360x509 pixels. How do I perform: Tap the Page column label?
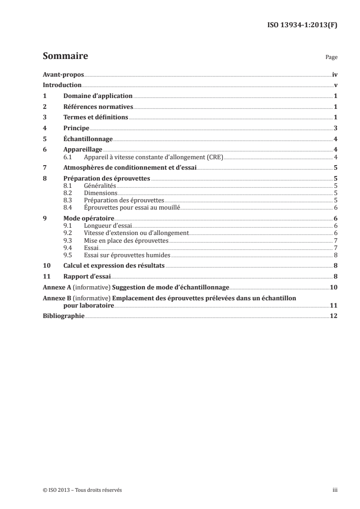331,58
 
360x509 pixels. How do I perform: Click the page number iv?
334,74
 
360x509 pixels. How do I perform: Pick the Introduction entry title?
62,85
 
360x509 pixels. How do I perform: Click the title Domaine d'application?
98,96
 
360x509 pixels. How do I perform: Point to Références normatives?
98,107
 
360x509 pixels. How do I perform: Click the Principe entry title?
76,129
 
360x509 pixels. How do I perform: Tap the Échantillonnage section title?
88,140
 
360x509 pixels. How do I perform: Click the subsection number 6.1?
68,157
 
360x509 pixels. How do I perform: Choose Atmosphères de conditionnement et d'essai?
129,168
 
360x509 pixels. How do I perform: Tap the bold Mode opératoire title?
89,219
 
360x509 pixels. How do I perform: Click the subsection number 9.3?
68,240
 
